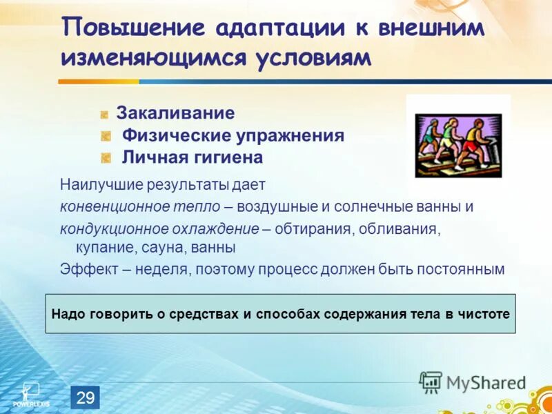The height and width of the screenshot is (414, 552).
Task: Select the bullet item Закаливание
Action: coord(175,113)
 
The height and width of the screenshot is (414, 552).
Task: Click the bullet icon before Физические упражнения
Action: coord(106,136)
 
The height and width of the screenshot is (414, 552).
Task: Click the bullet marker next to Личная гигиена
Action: coord(106,157)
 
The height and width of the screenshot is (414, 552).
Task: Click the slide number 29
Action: coord(85,397)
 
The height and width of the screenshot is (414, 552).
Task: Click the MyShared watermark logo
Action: coord(472,382)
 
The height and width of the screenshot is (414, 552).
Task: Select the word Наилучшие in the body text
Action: coord(95,185)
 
